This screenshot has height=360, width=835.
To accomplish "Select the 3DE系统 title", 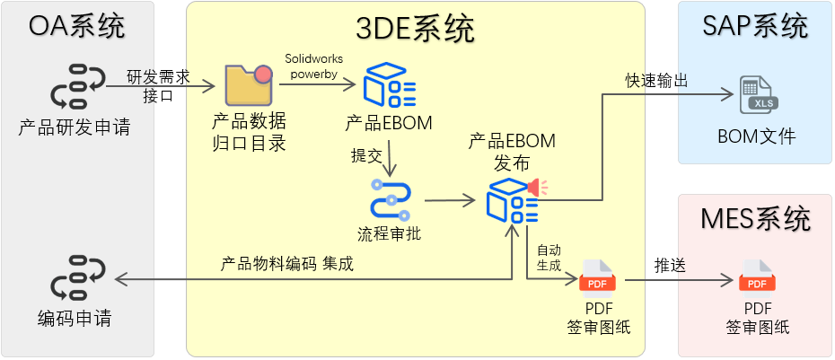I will (416, 30).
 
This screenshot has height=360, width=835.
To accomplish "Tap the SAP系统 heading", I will (754, 25).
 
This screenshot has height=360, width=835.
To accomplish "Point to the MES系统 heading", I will (754, 218).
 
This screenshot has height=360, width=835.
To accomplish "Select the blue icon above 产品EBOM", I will (389, 85).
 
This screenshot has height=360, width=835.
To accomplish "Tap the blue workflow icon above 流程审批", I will (390, 200).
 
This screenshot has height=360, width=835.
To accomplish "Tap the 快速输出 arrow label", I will (657, 81).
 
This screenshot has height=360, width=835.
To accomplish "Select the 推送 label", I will (670, 266).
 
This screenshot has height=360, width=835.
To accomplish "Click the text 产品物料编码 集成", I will (287, 264).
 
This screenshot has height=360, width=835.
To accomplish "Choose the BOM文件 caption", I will (756, 137).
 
